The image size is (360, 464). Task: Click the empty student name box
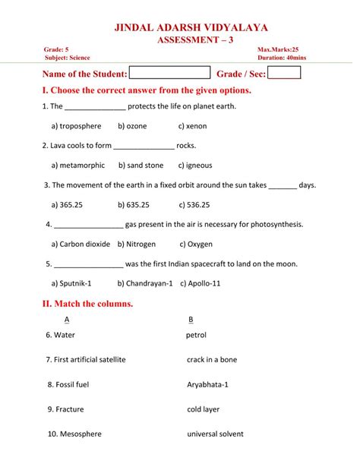[x=169, y=73]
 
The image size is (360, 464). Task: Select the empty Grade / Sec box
[x=284, y=73]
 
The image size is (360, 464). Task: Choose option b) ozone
[x=133, y=126]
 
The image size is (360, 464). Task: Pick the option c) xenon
[x=192, y=126]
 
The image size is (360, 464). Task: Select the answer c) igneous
[x=195, y=165]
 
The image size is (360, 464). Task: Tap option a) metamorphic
[x=78, y=165]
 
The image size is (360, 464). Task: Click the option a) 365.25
[x=67, y=204]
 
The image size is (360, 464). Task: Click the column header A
[x=67, y=319]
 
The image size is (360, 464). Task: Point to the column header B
[x=191, y=319]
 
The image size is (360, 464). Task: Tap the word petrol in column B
[x=196, y=335]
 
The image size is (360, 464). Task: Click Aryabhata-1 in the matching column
[x=207, y=384]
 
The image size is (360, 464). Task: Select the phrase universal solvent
[x=215, y=434]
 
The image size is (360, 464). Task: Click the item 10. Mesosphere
[x=74, y=434]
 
